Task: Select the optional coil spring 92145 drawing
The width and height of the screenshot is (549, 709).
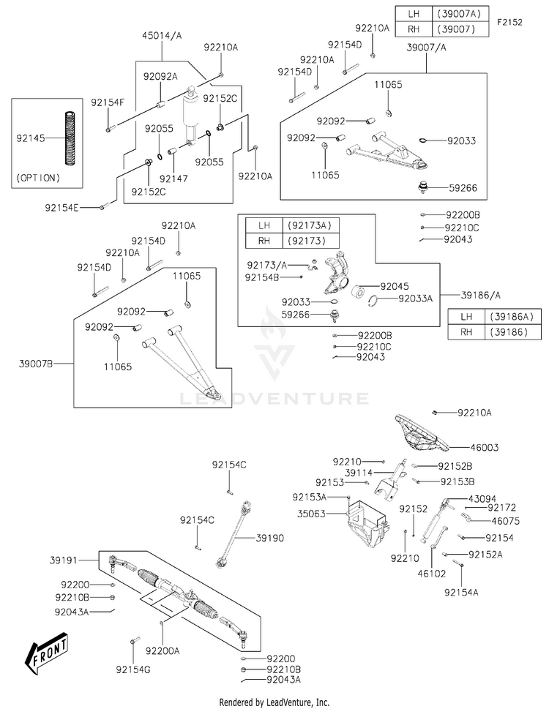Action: point(70,138)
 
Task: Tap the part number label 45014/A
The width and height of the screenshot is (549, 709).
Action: point(162,35)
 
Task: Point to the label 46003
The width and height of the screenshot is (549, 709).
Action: point(485,448)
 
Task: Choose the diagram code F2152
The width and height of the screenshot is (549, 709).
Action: point(509,22)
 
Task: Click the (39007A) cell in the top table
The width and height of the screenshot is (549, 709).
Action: point(460,14)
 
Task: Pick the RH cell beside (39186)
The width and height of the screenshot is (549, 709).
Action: point(466,332)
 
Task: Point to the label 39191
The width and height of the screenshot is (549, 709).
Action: point(64,560)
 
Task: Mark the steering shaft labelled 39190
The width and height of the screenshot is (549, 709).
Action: point(234,533)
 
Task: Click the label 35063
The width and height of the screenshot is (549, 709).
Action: point(311,514)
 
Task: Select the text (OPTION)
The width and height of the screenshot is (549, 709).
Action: point(38,178)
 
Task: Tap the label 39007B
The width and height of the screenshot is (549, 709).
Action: point(36,364)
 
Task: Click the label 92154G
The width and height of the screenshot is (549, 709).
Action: point(133,669)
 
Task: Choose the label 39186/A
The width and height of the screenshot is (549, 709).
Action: point(481,296)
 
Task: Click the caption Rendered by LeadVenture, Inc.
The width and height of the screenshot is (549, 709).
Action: point(274,702)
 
